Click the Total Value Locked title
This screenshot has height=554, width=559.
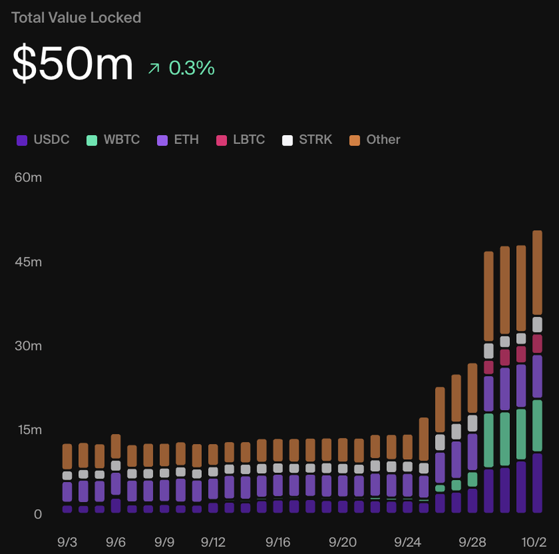[76, 18]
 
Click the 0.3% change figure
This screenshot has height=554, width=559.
[191, 68]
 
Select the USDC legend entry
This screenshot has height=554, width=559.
[43, 140]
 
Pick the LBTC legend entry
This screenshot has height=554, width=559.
[240, 140]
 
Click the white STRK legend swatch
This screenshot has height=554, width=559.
[287, 141]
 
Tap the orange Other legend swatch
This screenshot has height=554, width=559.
[355, 141]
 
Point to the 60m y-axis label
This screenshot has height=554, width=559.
[28, 177]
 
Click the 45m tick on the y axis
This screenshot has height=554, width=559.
[28, 262]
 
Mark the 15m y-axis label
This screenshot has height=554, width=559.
[28, 430]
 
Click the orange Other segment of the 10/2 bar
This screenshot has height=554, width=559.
[537, 272]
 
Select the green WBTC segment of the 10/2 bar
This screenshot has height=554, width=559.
[537, 425]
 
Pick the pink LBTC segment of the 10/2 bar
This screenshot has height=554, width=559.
[537, 343]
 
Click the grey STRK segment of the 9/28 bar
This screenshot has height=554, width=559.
[473, 423]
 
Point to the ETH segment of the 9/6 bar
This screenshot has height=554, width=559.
[116, 483]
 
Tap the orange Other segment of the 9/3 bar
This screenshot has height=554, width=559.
[67, 456]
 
